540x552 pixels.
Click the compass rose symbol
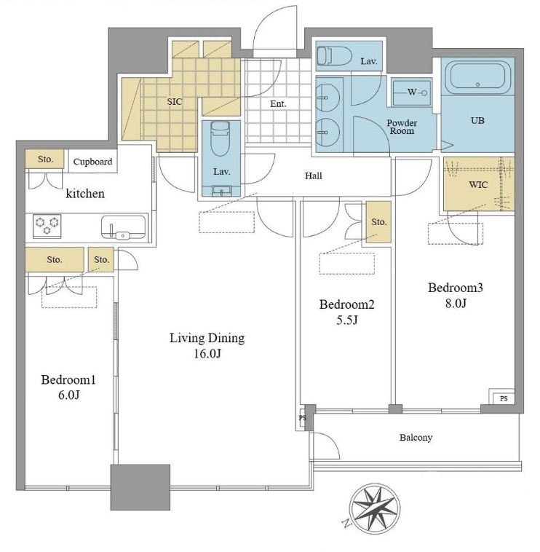(374, 509)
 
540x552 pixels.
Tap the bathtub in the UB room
(477, 77)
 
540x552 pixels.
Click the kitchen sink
(123, 227)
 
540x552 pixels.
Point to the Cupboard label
(93, 162)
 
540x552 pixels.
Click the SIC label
(175, 102)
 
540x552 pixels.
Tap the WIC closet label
(478, 184)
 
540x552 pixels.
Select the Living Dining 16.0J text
(207, 345)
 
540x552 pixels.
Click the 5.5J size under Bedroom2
(347, 320)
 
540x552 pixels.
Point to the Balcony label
(416, 438)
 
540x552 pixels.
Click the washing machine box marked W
(412, 92)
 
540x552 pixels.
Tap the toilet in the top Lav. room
(335, 56)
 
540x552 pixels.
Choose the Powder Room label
(402, 127)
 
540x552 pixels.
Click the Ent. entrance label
(278, 104)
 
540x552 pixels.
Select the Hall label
(314, 176)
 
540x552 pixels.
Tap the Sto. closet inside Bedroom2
(378, 222)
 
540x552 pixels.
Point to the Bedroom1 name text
(68, 380)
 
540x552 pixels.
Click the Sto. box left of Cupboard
(44, 159)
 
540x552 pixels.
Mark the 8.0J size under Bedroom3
(456, 303)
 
